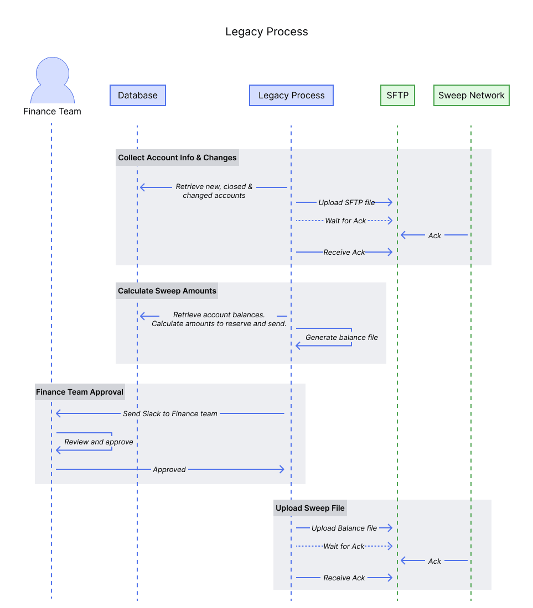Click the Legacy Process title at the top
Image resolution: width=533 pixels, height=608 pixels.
click(x=266, y=32)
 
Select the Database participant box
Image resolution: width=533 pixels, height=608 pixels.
click(x=138, y=95)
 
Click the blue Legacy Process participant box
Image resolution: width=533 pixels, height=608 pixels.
click(x=291, y=95)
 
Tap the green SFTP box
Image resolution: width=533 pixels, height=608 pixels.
click(x=397, y=95)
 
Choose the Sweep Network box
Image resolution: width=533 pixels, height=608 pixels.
click(x=471, y=95)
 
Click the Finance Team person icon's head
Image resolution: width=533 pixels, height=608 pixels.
click(x=53, y=72)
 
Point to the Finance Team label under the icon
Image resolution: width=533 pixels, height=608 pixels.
click(x=52, y=111)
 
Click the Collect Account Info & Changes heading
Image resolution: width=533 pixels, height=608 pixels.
click(x=177, y=158)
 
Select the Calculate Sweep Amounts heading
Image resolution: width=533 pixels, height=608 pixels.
click(x=167, y=291)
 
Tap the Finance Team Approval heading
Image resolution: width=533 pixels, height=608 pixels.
click(x=80, y=392)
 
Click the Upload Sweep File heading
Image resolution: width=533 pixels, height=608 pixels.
click(x=310, y=508)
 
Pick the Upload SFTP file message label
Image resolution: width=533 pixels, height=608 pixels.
click(x=346, y=202)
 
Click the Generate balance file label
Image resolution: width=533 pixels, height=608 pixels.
click(x=341, y=337)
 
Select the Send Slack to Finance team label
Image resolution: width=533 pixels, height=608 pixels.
click(x=170, y=413)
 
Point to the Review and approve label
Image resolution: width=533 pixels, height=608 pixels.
click(x=99, y=442)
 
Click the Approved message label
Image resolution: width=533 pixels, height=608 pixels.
click(x=169, y=469)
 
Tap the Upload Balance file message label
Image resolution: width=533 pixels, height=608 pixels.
click(x=344, y=528)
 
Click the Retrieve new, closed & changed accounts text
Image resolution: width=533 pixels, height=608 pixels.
click(x=214, y=191)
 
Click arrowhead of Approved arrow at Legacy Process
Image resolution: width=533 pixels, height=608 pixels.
click(x=282, y=469)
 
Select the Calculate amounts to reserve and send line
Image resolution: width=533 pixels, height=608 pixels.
click(x=219, y=323)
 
